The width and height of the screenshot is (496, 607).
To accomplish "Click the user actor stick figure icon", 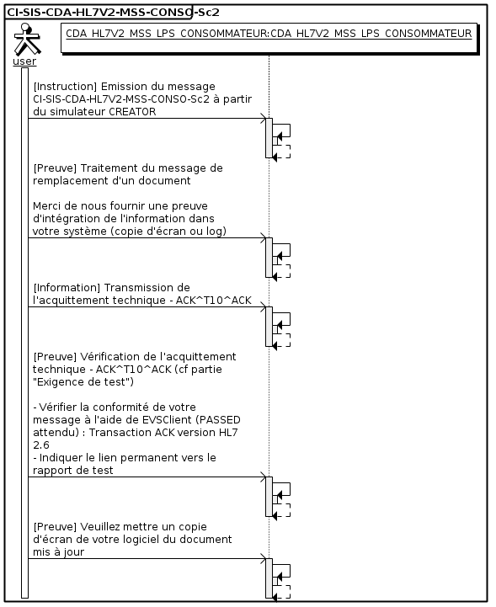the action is click(26, 39).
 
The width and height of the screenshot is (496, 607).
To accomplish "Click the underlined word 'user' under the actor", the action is click(24, 61).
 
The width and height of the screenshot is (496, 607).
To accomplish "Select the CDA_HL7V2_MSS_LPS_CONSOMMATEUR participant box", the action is click(269, 38).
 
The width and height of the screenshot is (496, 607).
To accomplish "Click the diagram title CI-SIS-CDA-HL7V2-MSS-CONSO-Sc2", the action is click(113, 13).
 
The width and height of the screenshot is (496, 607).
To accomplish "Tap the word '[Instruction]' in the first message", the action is click(65, 87).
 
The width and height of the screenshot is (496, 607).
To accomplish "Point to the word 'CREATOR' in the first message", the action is click(132, 111).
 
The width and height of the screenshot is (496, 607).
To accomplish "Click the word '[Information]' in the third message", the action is click(67, 288).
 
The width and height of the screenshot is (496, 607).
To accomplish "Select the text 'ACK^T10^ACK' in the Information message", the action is click(213, 301).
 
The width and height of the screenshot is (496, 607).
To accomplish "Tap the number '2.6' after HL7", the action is click(41, 445).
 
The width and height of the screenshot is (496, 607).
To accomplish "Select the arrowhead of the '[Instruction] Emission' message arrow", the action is click(264, 119).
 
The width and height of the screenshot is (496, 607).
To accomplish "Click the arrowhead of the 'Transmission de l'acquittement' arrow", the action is click(264, 307).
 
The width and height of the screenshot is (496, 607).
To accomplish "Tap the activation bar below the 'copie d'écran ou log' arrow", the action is click(269, 258).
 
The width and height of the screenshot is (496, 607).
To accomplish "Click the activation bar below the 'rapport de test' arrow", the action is click(269, 497).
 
